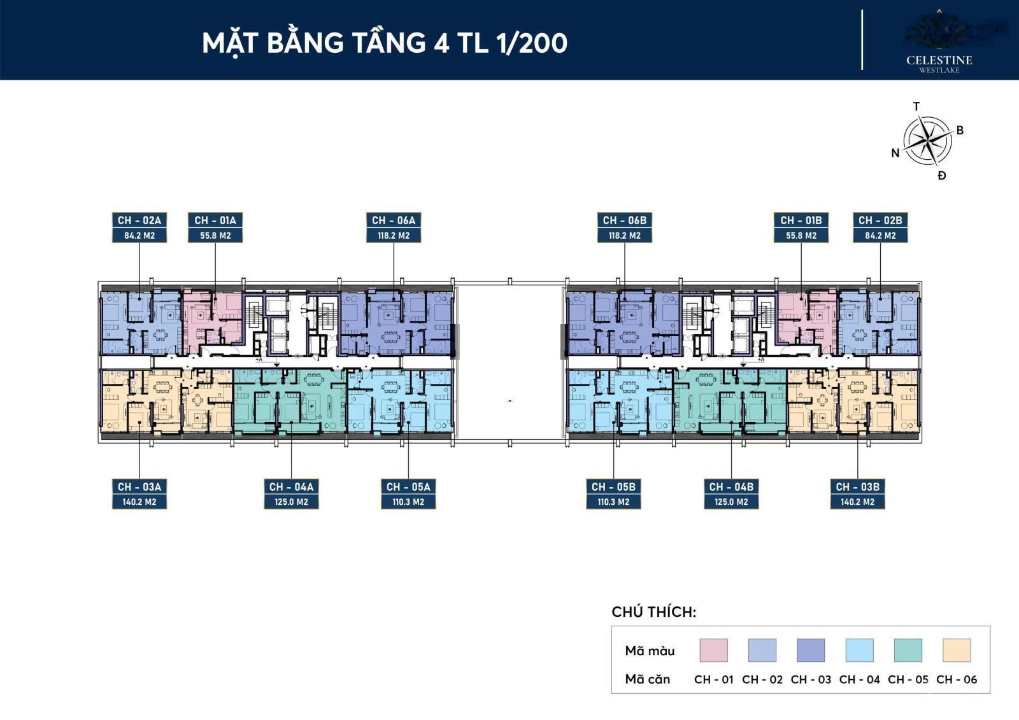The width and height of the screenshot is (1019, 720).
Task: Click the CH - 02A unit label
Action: (139, 220)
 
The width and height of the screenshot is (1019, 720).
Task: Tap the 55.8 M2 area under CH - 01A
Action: (215, 236)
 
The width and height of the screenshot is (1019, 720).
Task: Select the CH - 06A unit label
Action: (394, 220)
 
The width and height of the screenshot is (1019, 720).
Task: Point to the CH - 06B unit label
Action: (625, 220)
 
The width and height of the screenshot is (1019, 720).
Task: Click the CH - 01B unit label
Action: (801, 220)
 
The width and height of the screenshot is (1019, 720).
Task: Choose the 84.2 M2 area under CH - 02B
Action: (880, 236)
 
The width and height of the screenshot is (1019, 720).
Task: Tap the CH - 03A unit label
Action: (139, 487)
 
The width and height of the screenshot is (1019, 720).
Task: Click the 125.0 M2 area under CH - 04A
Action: (291, 502)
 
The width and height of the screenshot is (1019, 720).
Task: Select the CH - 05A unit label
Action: (408, 487)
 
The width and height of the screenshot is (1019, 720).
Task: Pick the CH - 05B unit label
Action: (613, 487)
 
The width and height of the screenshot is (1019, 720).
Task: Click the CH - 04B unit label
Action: (731, 487)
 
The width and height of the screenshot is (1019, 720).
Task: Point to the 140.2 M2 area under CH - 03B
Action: (857, 502)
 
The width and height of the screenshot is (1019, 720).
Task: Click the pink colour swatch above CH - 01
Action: (713, 651)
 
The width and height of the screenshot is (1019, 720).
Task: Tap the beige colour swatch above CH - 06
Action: (957, 651)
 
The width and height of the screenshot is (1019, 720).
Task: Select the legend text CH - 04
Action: (859, 680)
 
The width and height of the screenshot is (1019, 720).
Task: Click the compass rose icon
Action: (928, 140)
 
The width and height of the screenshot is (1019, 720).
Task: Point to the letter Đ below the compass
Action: (942, 176)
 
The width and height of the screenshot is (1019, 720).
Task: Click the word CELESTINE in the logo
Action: (939, 60)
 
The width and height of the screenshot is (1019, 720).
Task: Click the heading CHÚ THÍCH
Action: (654, 612)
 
